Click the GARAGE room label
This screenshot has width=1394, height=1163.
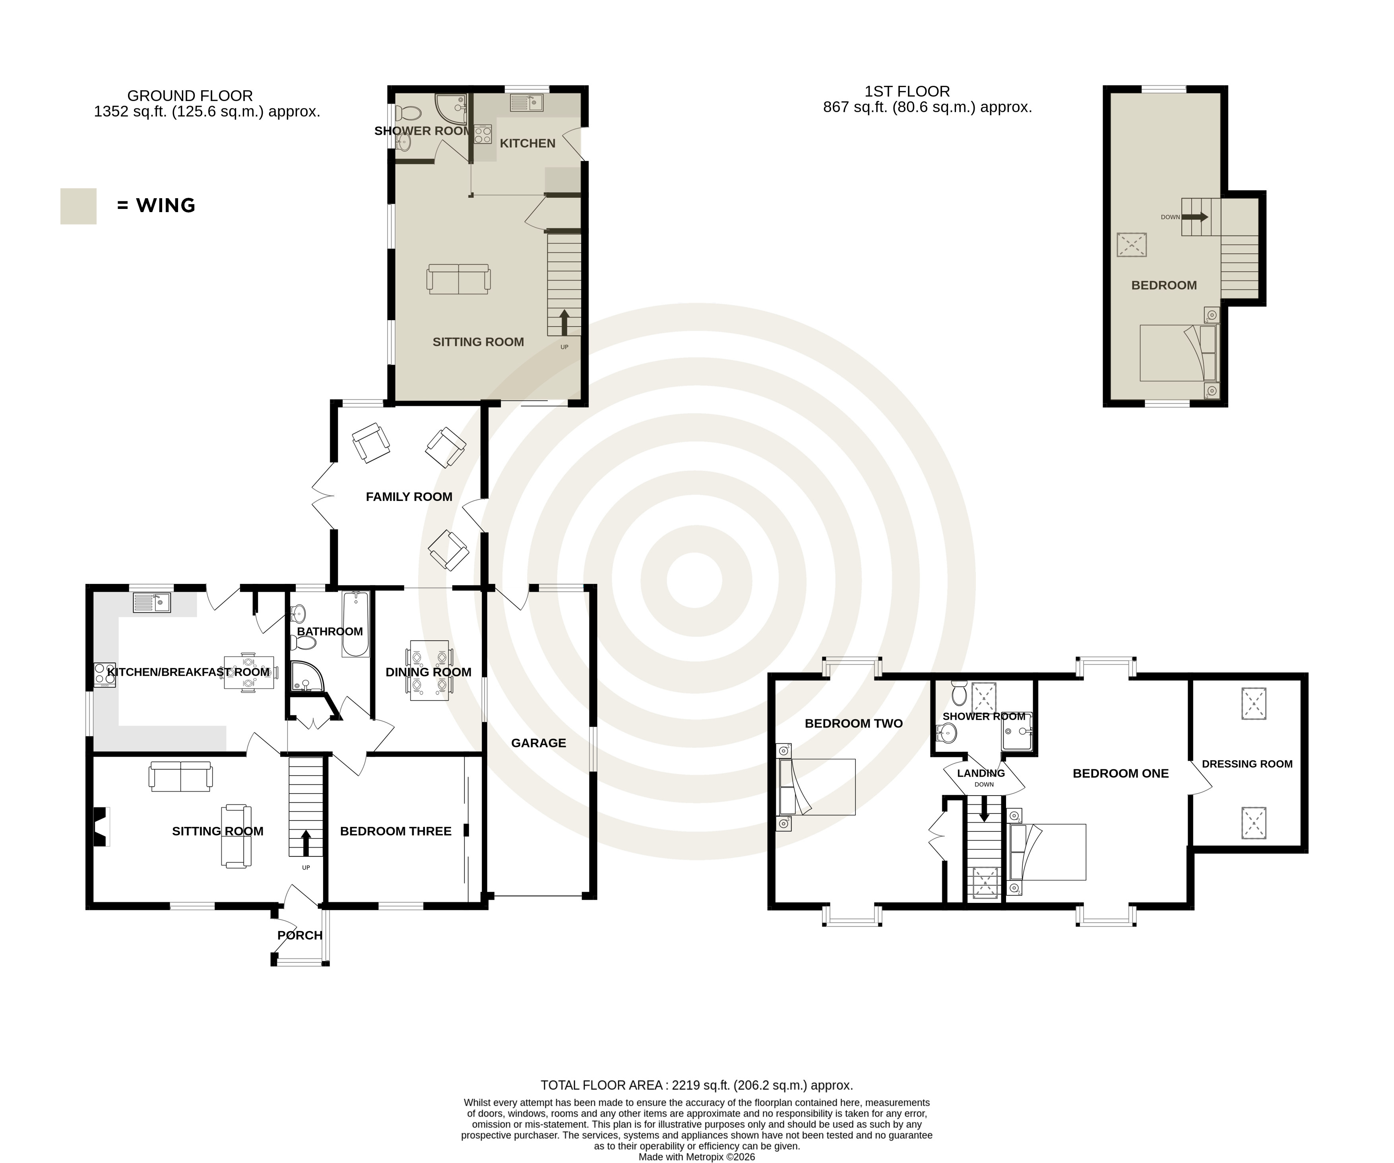click(538, 743)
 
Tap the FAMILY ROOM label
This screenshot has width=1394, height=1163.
click(409, 497)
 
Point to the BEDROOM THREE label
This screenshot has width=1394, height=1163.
click(396, 831)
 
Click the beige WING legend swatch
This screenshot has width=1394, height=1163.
click(78, 206)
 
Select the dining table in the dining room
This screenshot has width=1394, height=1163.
click(429, 671)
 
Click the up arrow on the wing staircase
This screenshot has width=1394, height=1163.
click(564, 323)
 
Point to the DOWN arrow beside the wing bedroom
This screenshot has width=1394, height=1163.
click(1195, 217)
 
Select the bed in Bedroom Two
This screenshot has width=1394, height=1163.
click(816, 787)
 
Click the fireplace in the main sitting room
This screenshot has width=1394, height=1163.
click(99, 826)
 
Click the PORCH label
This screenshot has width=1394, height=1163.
click(300, 935)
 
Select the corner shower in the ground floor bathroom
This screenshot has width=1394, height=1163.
click(305, 676)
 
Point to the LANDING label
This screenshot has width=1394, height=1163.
click(981, 773)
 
